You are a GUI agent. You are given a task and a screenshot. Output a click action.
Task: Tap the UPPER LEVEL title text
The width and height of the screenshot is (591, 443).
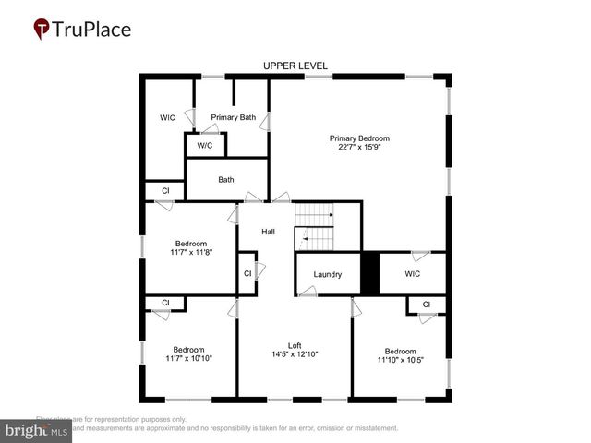point(295,66)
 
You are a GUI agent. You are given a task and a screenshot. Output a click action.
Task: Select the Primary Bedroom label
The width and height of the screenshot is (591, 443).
point(359,138)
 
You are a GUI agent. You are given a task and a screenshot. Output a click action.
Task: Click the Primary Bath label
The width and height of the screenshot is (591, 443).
point(233,117)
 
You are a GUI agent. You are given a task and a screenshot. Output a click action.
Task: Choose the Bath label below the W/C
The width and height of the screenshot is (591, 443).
point(226,180)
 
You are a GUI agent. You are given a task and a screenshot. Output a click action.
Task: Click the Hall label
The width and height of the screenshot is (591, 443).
point(268,232)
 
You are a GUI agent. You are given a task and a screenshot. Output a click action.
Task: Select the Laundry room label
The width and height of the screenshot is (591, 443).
point(328,274)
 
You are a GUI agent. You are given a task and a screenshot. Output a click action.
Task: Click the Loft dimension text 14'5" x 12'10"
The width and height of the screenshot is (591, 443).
point(295,353)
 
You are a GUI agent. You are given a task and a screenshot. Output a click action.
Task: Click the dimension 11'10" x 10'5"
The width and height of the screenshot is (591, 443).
point(400,360)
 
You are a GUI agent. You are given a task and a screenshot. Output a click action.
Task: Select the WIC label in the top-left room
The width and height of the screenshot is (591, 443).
point(167,117)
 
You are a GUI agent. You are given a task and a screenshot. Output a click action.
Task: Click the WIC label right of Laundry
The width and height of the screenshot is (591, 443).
point(413,274)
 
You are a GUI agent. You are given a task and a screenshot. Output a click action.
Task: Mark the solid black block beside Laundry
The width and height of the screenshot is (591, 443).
point(369,274)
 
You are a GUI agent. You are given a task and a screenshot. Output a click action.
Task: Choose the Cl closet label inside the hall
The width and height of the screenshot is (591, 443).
point(247,273)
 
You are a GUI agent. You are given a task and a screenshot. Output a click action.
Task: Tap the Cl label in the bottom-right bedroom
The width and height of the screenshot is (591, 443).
point(427,305)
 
